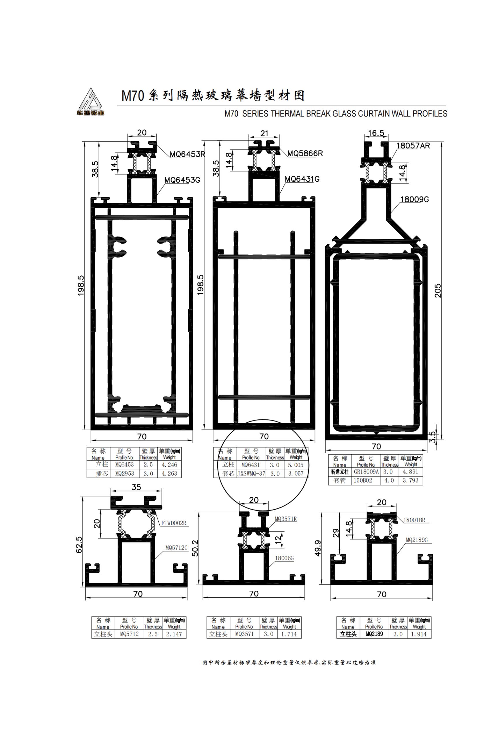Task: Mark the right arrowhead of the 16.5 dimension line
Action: pos(387,136)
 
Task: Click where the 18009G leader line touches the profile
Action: pos(391,213)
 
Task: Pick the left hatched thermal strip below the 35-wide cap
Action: pos(122,525)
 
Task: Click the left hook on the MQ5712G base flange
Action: pos(92,569)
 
